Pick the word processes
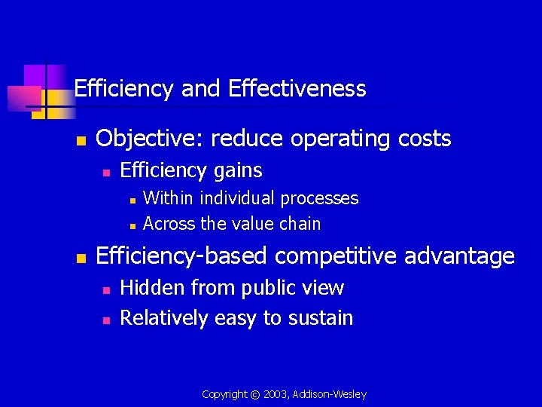[x=320, y=199]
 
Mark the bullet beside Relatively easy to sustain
[x=106, y=320]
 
